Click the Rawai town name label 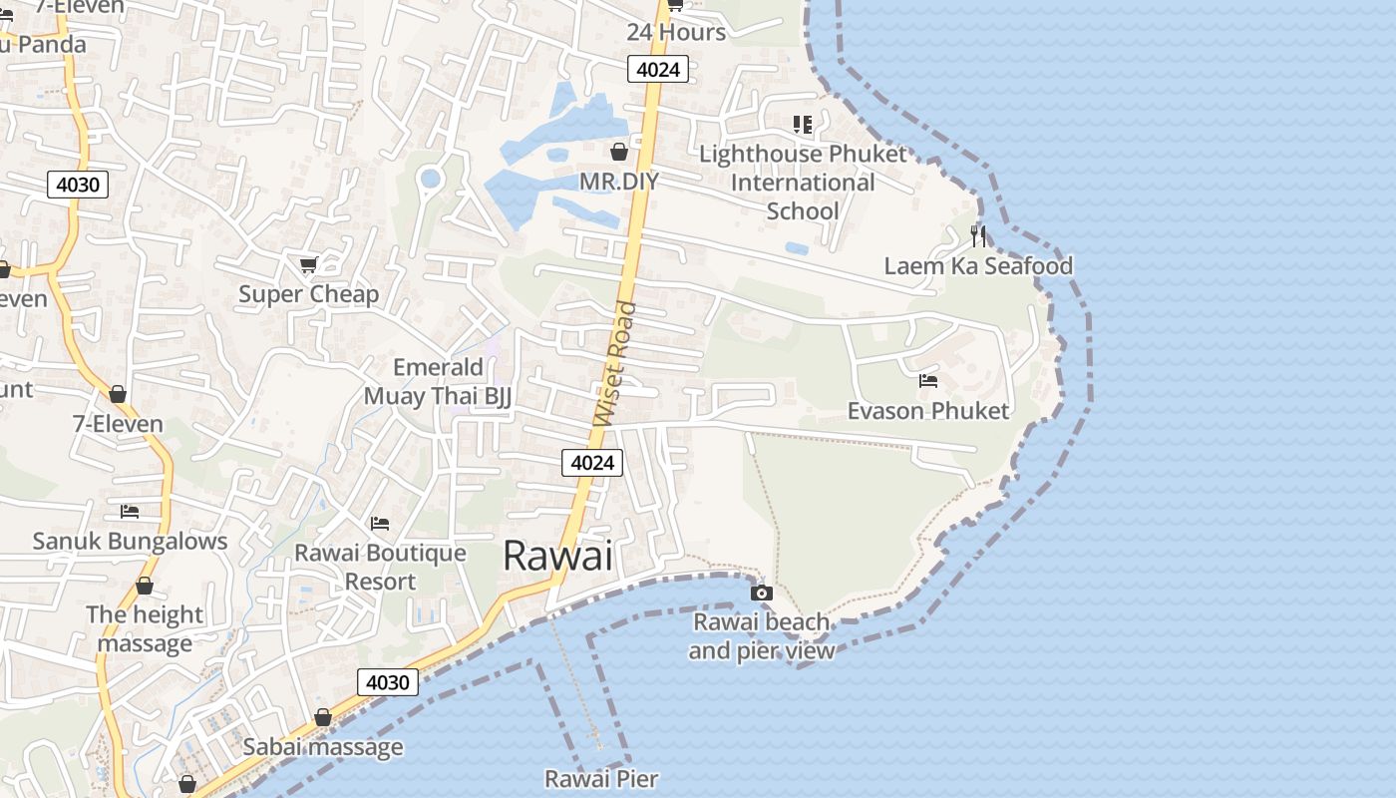pyautogui.click(x=557, y=556)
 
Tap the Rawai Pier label pyautogui.click(x=601, y=778)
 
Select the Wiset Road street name pyautogui.click(x=614, y=364)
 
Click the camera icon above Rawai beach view pyautogui.click(x=762, y=593)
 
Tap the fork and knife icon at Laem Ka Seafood pyautogui.click(x=978, y=236)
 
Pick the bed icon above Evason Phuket pyautogui.click(x=927, y=381)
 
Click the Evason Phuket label pyautogui.click(x=927, y=410)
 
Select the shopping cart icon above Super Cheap pyautogui.click(x=309, y=264)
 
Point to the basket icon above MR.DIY pyautogui.click(x=619, y=152)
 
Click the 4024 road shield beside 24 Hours pyautogui.click(x=658, y=69)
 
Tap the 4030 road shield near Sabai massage pyautogui.click(x=388, y=682)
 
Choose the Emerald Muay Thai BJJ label pyautogui.click(x=438, y=382)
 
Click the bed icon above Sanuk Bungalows pyautogui.click(x=130, y=512)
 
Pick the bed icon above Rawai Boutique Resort pyautogui.click(x=380, y=523)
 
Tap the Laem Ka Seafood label pyautogui.click(x=978, y=265)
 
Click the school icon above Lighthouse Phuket pyautogui.click(x=803, y=125)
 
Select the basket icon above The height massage pyautogui.click(x=145, y=586)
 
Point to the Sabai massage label pyautogui.click(x=323, y=746)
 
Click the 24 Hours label pyautogui.click(x=676, y=32)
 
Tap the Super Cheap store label pyautogui.click(x=309, y=294)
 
